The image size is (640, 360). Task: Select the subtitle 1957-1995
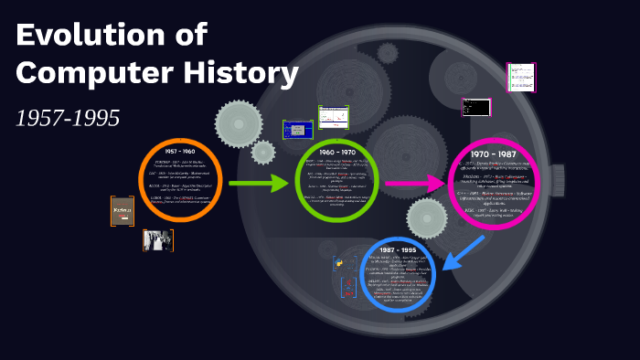[x=68, y=118]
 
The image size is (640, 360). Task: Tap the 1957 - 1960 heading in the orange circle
[x=180, y=150]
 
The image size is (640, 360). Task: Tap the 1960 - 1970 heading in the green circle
[x=337, y=151]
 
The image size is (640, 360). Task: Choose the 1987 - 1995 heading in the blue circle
[x=398, y=249]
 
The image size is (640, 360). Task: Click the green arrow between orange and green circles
[x=259, y=185]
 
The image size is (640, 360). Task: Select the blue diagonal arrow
[x=467, y=252]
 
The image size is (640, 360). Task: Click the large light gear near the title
[x=239, y=123]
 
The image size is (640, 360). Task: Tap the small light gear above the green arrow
[x=263, y=152]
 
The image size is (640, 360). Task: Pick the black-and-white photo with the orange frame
[x=157, y=240]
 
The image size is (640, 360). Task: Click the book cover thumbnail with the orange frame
[x=122, y=211]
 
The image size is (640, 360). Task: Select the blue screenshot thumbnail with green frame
[x=297, y=129]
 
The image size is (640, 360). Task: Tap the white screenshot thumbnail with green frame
[x=334, y=117]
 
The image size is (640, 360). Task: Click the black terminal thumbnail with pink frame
[x=475, y=108]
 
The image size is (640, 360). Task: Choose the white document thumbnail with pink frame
[x=521, y=77]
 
